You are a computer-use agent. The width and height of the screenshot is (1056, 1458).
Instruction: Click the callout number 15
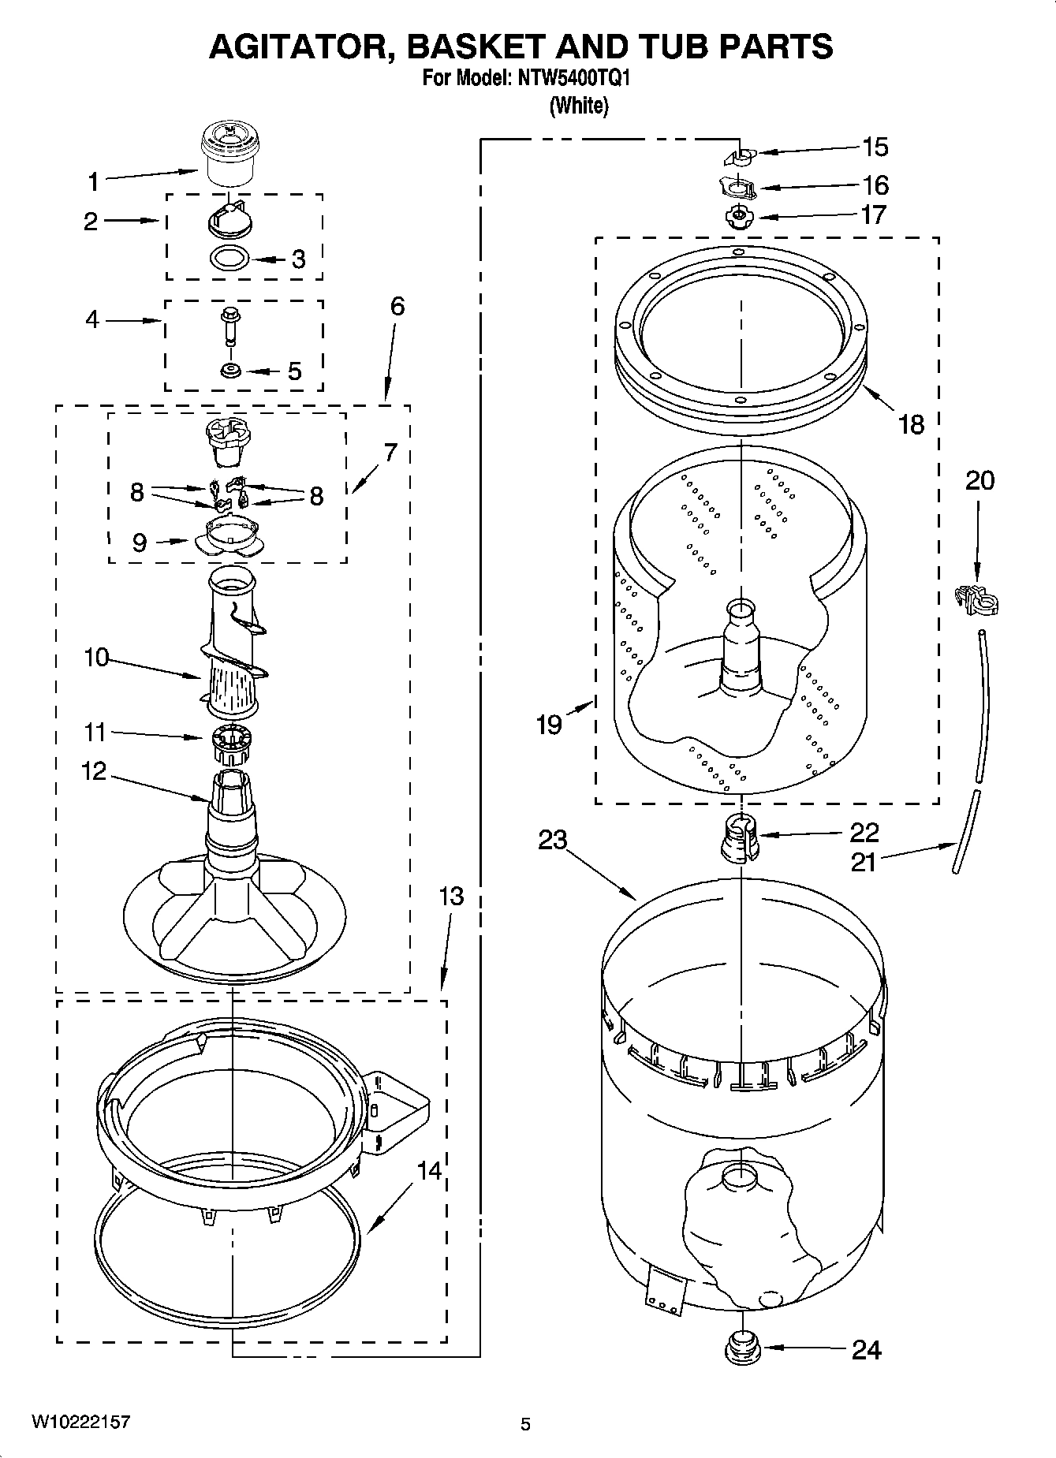coord(875,147)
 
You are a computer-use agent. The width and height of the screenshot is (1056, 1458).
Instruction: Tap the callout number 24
coord(866,1350)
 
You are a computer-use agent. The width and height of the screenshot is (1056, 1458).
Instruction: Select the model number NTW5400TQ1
coord(573,79)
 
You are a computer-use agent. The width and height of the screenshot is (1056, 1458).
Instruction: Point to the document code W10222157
coord(80,1422)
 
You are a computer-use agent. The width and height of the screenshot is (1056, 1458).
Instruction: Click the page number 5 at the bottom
coord(525,1424)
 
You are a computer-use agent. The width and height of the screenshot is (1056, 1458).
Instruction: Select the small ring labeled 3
coord(230,258)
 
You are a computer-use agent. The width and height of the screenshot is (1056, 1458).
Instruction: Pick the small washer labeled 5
coord(230,371)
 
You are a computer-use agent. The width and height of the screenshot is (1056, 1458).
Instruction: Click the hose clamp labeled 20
coord(977,601)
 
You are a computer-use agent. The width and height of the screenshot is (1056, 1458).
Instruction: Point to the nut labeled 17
coord(738,215)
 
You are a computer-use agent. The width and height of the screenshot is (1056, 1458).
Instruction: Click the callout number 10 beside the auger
coord(96,657)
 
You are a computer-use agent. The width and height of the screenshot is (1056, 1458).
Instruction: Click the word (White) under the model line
coord(579,105)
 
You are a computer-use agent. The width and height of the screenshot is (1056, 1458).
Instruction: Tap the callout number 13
coord(451,897)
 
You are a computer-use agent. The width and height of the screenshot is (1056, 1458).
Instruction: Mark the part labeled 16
coord(737,188)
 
